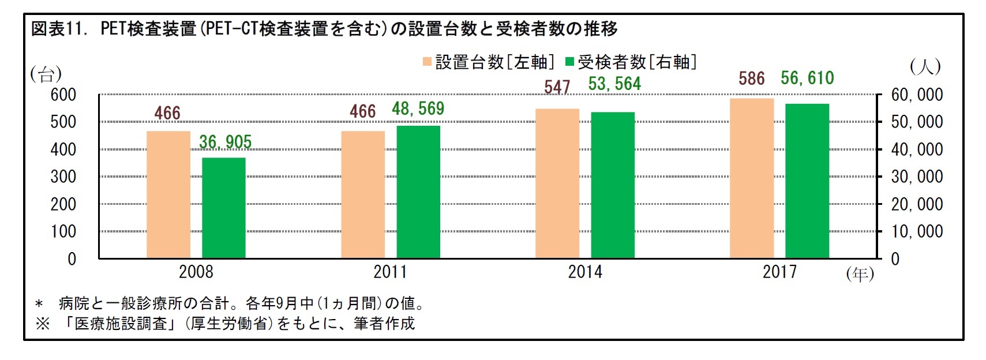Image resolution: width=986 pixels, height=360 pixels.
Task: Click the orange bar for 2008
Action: pyautogui.click(x=168, y=194)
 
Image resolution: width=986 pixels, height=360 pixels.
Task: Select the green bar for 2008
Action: pyautogui.click(x=223, y=208)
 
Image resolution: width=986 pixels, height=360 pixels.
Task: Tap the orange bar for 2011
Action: pyautogui.click(x=362, y=194)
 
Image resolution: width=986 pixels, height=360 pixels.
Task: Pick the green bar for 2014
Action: pyautogui.click(x=612, y=185)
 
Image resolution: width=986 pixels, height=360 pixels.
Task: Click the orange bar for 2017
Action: pyautogui.click(x=751, y=178)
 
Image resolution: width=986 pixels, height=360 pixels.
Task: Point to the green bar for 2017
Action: pyautogui.click(x=807, y=181)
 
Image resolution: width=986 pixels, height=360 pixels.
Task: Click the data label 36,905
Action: pyautogui.click(x=225, y=142)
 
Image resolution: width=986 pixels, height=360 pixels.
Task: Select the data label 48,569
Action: pyautogui.click(x=418, y=109)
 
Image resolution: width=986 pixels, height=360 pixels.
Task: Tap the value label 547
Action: pyautogui.click(x=557, y=87)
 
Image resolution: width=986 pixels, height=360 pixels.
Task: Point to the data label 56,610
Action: pyautogui.click(x=807, y=78)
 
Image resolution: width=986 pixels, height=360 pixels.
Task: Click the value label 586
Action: pyautogui.click(x=751, y=79)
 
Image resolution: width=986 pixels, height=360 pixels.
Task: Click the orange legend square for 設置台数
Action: pyautogui.click(x=427, y=62)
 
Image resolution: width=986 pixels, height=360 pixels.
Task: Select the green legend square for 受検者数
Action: pyautogui.click(x=570, y=62)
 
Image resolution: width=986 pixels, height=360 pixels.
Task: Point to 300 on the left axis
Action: pyautogui.click(x=63, y=177)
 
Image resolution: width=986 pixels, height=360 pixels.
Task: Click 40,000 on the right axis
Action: pyautogui.click(x=917, y=149)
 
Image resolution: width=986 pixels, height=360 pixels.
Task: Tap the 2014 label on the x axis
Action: pyautogui.click(x=584, y=272)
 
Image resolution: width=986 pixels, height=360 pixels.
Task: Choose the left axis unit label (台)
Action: pyautogui.click(x=46, y=74)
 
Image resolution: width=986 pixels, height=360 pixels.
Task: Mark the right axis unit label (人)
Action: pyautogui.click(x=925, y=67)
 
